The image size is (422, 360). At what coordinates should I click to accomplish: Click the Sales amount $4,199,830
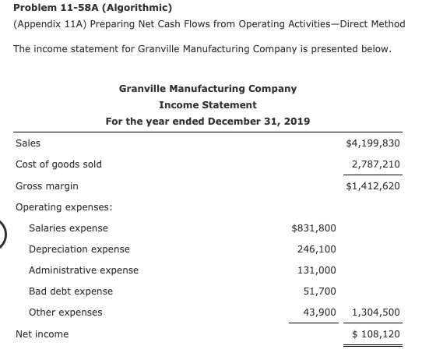pos(372,143)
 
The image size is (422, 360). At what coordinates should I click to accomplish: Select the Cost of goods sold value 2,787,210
pos(375,164)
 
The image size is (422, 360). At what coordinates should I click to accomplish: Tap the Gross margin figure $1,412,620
pos(372,186)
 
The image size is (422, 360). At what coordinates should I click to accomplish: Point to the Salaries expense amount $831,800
pos(313,228)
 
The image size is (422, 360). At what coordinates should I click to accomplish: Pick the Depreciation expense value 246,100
pos(317,249)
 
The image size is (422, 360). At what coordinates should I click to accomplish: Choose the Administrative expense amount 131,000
pos(317,270)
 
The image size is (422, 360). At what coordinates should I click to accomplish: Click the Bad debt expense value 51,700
pos(319,291)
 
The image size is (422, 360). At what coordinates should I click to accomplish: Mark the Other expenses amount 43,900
pos(319,312)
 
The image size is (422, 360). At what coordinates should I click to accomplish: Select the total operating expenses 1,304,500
pos(376,312)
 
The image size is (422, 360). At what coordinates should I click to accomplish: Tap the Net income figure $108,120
pos(376,334)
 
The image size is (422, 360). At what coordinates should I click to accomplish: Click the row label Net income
pos(42,334)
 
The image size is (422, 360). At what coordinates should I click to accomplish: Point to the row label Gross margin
pos(47,186)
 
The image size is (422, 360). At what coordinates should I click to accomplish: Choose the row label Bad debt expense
pos(71,291)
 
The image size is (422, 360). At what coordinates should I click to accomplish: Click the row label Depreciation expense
pos(79,249)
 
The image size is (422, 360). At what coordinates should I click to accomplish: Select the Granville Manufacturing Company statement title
pos(208,88)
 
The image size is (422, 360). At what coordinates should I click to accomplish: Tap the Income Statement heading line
pos(208,104)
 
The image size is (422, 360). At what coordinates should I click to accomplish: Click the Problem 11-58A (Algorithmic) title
pos(87,8)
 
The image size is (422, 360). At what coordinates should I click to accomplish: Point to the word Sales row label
pos(28,143)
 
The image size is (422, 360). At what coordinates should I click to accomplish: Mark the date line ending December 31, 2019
pos(208,122)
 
